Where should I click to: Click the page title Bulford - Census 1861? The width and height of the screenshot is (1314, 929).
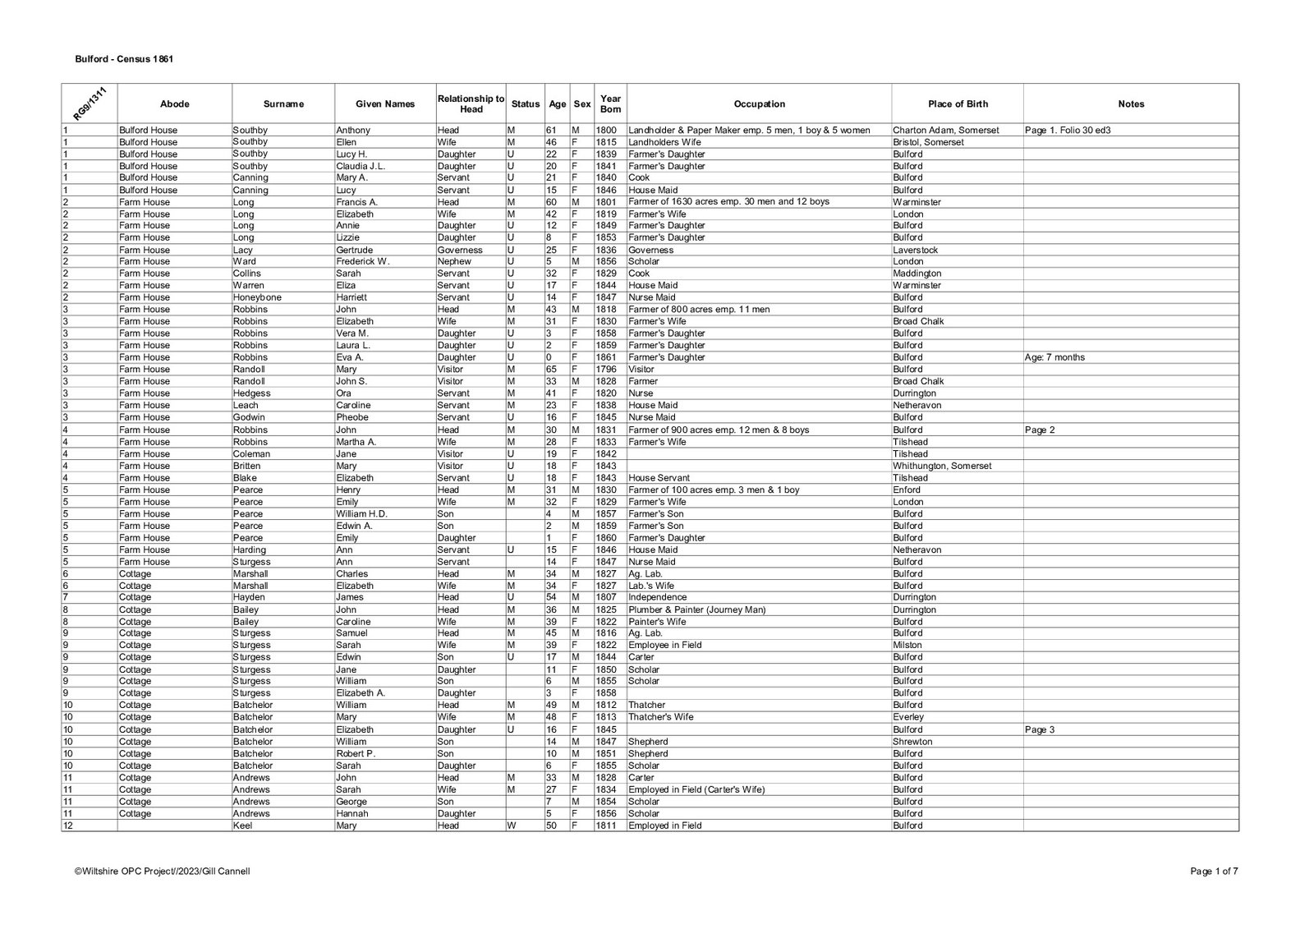point(123,59)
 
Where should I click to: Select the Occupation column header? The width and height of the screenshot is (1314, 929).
point(759,104)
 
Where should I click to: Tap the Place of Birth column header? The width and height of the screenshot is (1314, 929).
point(958,104)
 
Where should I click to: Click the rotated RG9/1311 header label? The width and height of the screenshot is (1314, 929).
point(89,105)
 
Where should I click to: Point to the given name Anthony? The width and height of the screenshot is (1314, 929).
point(353,130)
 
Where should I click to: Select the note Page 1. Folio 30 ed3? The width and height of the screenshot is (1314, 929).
point(1068,130)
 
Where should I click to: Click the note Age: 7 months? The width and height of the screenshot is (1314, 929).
point(1055,357)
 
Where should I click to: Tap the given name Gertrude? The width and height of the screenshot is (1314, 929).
point(355,250)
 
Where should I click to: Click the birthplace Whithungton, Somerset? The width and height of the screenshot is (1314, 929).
point(942,466)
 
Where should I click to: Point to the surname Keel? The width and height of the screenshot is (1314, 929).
point(243,826)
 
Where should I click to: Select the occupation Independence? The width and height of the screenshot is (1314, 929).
point(657,597)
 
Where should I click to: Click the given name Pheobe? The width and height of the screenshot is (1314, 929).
point(352,417)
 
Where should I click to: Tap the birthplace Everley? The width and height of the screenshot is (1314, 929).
point(907,717)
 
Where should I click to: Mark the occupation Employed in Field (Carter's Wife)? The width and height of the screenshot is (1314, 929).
point(696,789)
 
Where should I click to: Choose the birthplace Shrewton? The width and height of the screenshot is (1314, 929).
point(912,741)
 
